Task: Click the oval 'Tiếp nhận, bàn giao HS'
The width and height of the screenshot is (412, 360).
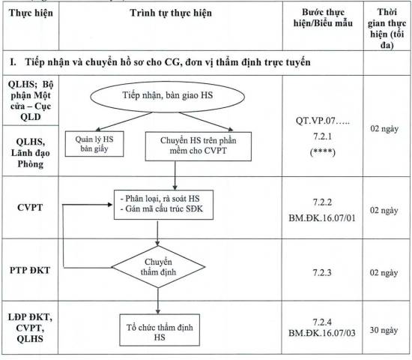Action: [167, 97]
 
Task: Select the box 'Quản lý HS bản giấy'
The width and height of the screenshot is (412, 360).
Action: [94, 144]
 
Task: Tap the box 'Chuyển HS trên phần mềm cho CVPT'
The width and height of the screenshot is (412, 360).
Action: [199, 146]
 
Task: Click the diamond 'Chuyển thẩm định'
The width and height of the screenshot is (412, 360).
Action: [158, 267]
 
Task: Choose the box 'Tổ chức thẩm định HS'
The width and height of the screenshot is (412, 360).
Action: [160, 330]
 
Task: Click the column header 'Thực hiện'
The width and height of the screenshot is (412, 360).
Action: [31, 13]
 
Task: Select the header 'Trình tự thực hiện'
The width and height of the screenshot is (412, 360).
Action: [171, 13]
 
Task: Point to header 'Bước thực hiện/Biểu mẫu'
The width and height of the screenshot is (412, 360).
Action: [323, 18]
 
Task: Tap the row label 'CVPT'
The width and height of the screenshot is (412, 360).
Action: [30, 207]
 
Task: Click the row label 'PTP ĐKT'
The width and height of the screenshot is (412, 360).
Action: [30, 270]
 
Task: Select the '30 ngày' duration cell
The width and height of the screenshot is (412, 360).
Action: [384, 330]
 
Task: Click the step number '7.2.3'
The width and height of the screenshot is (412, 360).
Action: [322, 273]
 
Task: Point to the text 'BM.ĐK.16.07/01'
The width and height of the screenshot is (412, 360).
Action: [322, 218]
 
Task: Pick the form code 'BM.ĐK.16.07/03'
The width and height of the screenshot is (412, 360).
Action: [322, 333]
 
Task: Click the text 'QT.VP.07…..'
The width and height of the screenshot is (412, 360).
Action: [323, 121]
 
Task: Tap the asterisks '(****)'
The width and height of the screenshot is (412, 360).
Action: [323, 152]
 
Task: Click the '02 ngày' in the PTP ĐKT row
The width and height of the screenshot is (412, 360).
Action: [384, 273]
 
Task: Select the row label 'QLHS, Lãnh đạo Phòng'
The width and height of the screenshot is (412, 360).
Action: [31, 153]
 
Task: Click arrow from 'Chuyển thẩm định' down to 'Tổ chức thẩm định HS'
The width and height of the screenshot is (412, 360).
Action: [158, 301]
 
